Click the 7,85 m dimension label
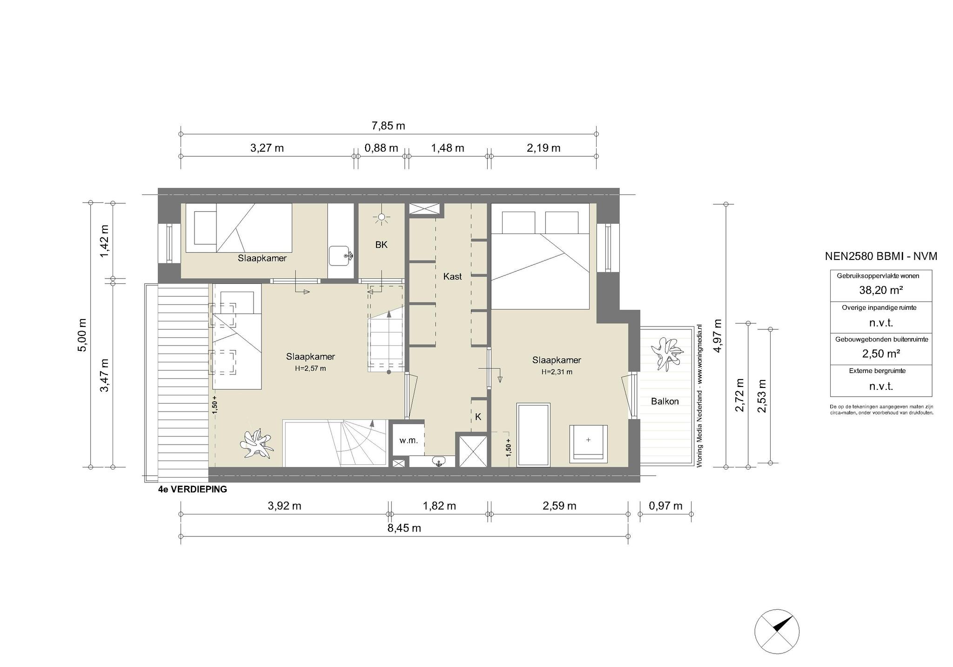point(388,126)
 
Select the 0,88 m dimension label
point(381,148)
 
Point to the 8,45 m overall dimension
point(404,528)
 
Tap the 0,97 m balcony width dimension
point(665,506)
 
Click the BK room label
point(381,245)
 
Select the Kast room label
point(452,276)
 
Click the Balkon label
point(664,401)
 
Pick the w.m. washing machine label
point(409,440)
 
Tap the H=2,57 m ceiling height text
point(310,368)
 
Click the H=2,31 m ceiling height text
point(557,372)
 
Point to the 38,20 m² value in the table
point(881,290)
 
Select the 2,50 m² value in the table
point(881,354)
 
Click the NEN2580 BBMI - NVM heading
point(881,256)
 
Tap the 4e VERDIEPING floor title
point(193,489)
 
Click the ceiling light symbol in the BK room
point(382,217)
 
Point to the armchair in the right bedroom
point(588,444)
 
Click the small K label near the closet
point(478,417)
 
